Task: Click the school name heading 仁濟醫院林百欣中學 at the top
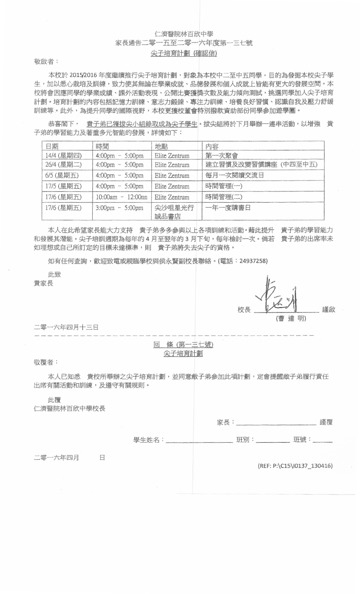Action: point(184,34)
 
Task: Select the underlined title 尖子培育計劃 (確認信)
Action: point(184,53)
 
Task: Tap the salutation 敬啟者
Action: point(46,61)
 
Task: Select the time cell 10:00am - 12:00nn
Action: point(121,197)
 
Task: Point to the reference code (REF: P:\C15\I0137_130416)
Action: point(295,466)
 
